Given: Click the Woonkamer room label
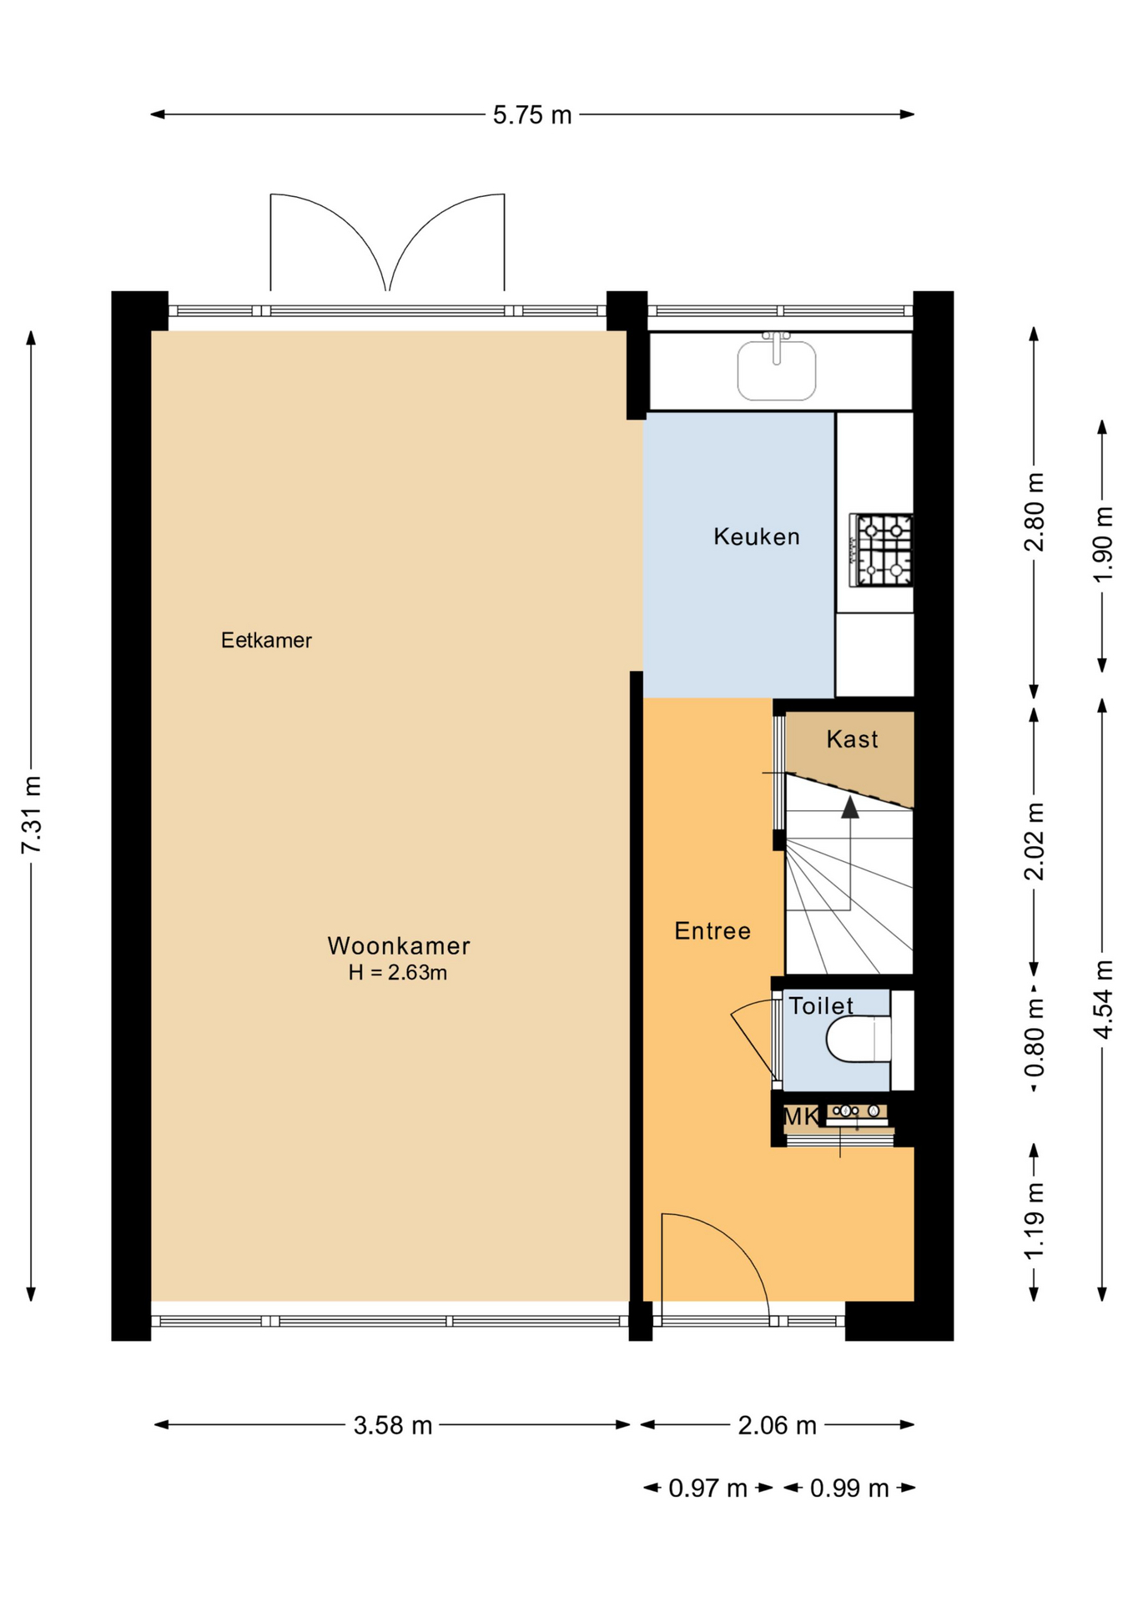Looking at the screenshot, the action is tap(399, 945).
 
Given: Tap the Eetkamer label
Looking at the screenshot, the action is tap(266, 640).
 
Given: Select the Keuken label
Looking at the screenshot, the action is tap(757, 537).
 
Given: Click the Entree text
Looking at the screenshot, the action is tap(713, 930).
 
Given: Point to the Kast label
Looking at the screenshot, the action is tap(852, 739).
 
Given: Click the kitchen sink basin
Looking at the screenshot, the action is tap(776, 370).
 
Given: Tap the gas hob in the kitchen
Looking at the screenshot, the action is tap(881, 550).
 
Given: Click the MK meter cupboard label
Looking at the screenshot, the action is tap(801, 1116).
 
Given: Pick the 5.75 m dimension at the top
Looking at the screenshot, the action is tap(532, 115).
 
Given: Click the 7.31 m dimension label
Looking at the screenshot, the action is tap(32, 814).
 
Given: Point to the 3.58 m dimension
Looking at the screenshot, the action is tap(393, 1425).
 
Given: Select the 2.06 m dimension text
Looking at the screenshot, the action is tap(777, 1425).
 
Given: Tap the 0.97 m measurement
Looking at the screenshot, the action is tap(707, 1488).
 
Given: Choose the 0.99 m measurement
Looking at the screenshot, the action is tap(849, 1488).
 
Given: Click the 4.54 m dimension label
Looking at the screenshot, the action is tap(1103, 1000).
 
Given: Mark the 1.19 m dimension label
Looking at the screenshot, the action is tap(1035, 1222).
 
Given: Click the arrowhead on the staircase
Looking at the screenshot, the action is tap(849, 807).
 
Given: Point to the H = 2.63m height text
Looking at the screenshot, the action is tap(398, 972).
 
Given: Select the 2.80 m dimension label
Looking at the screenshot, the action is tap(1035, 512).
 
